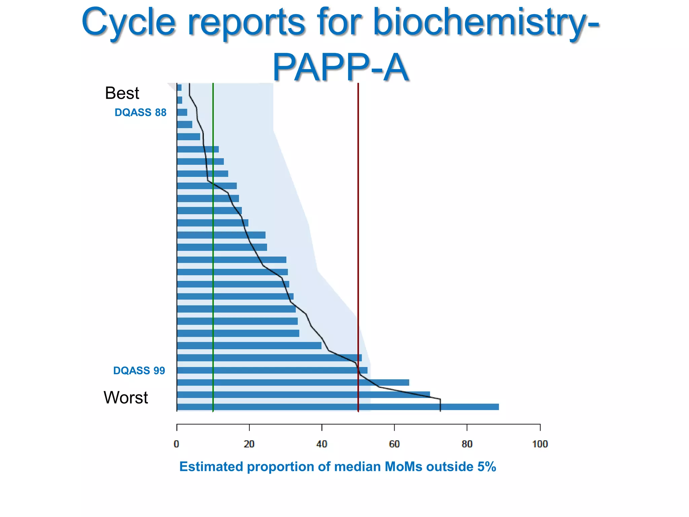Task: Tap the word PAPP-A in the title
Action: pyautogui.click(x=340, y=67)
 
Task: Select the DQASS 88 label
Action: pyautogui.click(x=140, y=112)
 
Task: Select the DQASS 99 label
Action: pyautogui.click(x=139, y=371)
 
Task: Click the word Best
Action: pyautogui.click(x=122, y=93)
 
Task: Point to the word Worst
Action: pyautogui.click(x=125, y=398)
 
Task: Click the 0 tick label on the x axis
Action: pyautogui.click(x=176, y=444)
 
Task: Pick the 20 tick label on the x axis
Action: pyautogui.click(x=249, y=444)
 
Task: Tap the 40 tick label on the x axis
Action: pyautogui.click(x=322, y=444)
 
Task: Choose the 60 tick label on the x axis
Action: pyautogui.click(x=394, y=444)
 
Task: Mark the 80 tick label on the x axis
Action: pyautogui.click(x=467, y=444)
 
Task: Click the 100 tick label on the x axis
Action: pyautogui.click(x=540, y=444)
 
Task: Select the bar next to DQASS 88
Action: pyautogui.click(x=182, y=112)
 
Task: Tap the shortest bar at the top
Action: pyautogui.click(x=179, y=88)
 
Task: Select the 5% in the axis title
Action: pyautogui.click(x=486, y=467)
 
